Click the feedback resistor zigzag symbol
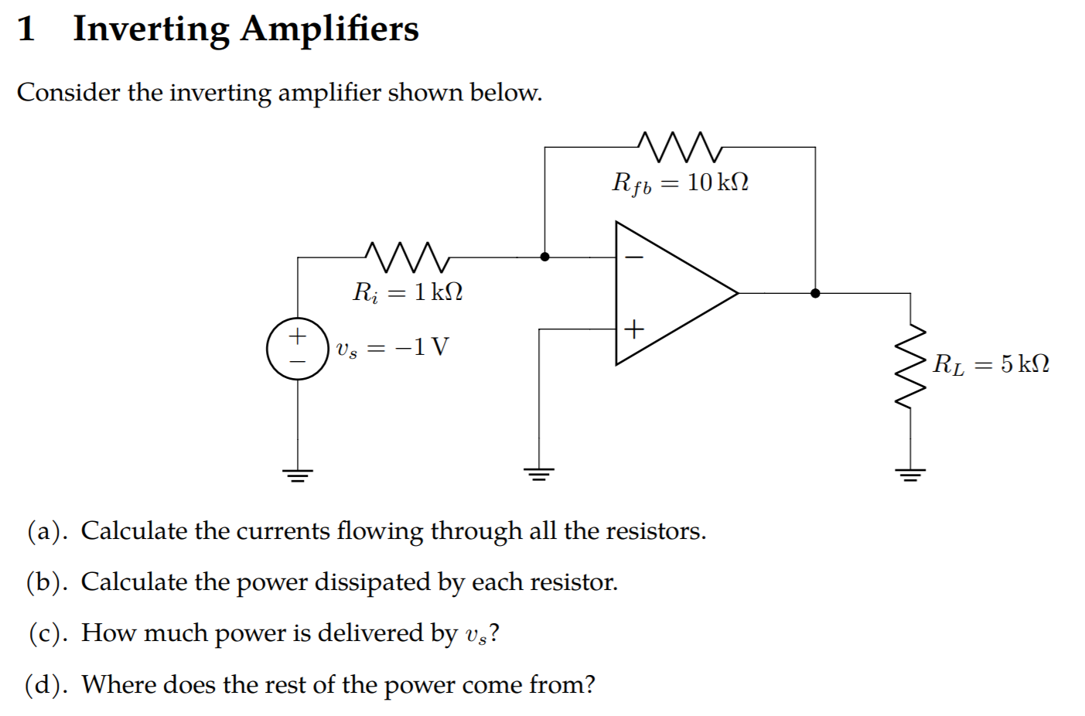(680, 146)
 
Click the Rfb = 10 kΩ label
(680, 183)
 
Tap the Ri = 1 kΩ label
(408, 292)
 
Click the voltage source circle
(298, 349)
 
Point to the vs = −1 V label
(392, 347)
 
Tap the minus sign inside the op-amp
(633, 257)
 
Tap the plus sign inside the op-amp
(633, 329)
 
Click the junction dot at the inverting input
(544, 257)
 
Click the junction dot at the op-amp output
(815, 293)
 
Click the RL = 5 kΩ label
(991, 364)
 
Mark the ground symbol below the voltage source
(298, 473)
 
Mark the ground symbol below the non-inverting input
(539, 473)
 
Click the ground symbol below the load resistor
(910, 473)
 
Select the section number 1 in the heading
(26, 29)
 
